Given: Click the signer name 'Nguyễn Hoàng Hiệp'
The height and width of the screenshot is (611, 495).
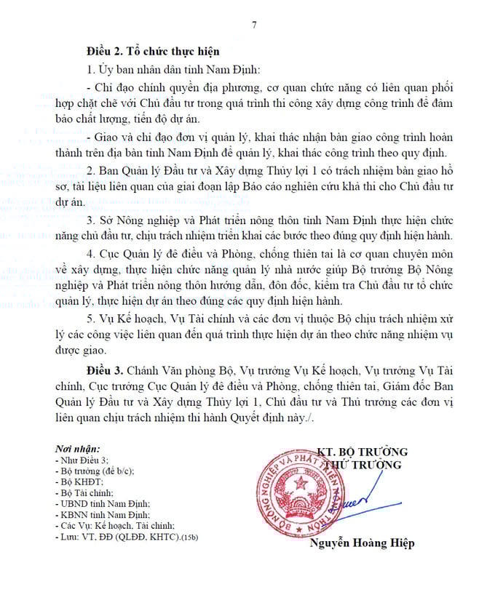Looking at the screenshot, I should pos(362,543).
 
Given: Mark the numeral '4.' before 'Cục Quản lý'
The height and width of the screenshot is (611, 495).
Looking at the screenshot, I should pos(91,253).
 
